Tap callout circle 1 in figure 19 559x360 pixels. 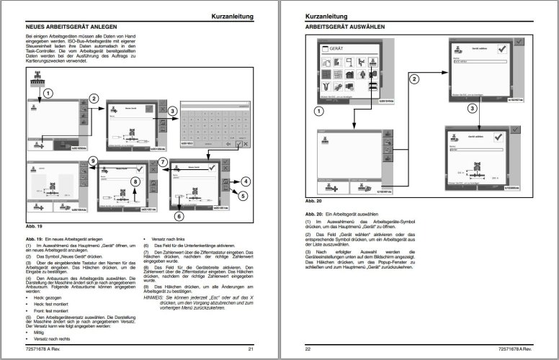(48, 93)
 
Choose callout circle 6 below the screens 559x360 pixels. (179, 215)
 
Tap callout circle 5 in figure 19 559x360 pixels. (243, 194)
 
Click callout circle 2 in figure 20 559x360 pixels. (414, 81)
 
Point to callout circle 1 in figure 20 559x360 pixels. (321, 110)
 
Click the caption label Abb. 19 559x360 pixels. (35, 227)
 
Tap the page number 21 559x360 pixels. (250, 349)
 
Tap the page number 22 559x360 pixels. (308, 349)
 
